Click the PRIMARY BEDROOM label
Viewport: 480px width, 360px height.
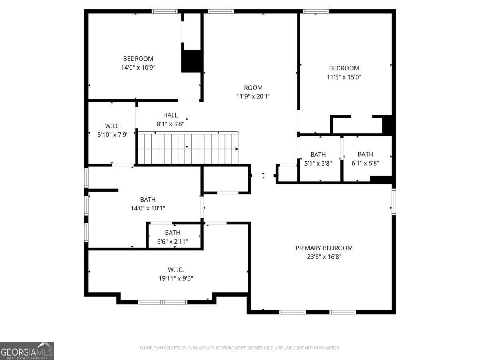(324, 248)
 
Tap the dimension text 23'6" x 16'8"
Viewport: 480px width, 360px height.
(324, 257)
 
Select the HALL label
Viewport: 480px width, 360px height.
(170, 115)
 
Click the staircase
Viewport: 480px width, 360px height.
(188, 148)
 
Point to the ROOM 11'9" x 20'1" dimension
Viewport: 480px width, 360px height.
(253, 96)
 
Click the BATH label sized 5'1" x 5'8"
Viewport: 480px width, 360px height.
(318, 154)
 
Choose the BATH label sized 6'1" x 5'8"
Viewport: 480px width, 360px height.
(365, 154)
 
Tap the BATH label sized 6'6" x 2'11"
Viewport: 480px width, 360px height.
(172, 233)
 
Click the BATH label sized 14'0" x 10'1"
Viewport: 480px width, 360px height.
(148, 200)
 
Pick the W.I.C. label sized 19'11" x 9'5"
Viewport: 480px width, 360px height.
(176, 270)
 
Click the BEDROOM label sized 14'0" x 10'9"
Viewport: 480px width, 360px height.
(138, 59)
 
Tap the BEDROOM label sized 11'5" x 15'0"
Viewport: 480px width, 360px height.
(344, 68)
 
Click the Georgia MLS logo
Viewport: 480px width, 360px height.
(27, 351)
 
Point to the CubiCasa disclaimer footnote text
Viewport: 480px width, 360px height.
(240, 348)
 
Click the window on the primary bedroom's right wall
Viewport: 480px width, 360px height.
(394, 202)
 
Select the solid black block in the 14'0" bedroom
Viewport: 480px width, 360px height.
(192, 61)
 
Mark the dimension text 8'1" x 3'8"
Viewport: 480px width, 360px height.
(170, 124)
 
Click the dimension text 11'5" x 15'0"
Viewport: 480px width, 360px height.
(344, 77)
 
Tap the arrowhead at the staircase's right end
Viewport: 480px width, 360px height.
(237, 149)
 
